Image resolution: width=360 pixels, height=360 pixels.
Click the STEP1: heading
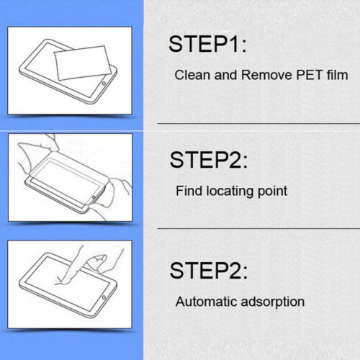[x=207, y=44]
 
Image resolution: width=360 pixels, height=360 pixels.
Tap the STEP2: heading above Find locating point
[x=209, y=160]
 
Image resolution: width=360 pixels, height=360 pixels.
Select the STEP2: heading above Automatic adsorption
[x=209, y=271]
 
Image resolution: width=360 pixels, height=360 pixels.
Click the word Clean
[x=192, y=75]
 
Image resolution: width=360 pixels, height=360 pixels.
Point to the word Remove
[x=266, y=75]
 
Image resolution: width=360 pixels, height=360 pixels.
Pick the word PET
[x=310, y=75]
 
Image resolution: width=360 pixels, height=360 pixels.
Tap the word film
[x=337, y=75]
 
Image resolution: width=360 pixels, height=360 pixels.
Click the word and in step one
[x=225, y=75]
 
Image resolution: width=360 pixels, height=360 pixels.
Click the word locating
[x=230, y=192]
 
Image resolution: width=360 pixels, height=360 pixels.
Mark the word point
[x=272, y=192]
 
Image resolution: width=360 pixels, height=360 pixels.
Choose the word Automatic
[x=207, y=302]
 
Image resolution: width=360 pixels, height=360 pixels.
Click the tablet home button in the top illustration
[x=104, y=84]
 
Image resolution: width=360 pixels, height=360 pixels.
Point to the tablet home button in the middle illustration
[x=94, y=197]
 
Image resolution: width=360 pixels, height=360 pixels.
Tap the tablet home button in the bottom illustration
[x=104, y=297]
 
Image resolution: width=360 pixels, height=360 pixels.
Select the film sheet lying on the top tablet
[x=82, y=63]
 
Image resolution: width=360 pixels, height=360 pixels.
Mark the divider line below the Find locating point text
[x=258, y=228]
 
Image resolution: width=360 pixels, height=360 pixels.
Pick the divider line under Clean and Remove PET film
[x=258, y=124]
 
